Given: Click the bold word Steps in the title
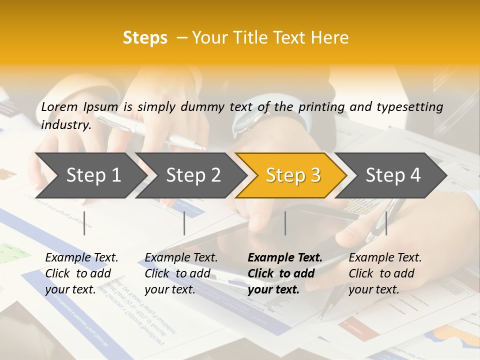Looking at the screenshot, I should pos(145,38).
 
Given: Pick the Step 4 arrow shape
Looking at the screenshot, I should pos(393,175).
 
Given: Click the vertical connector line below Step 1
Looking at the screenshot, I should pos(84,223).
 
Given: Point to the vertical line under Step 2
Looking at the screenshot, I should pos(184,223).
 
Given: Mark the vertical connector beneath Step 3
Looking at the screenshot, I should pos(285,223).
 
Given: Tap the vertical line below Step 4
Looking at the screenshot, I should pos(386,223).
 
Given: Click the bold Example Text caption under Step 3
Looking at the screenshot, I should pos(285,273).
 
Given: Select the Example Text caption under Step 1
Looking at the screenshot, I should pos(81,273).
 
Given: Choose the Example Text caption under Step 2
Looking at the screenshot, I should pos(181,273).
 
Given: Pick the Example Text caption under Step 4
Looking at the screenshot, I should pos(385,273).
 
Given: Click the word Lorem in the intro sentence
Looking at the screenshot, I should pos(59,106).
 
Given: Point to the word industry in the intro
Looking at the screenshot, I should pos(65,125).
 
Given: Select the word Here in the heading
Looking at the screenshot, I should pos(330,38).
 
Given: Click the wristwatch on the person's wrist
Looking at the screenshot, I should pos(245,122).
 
